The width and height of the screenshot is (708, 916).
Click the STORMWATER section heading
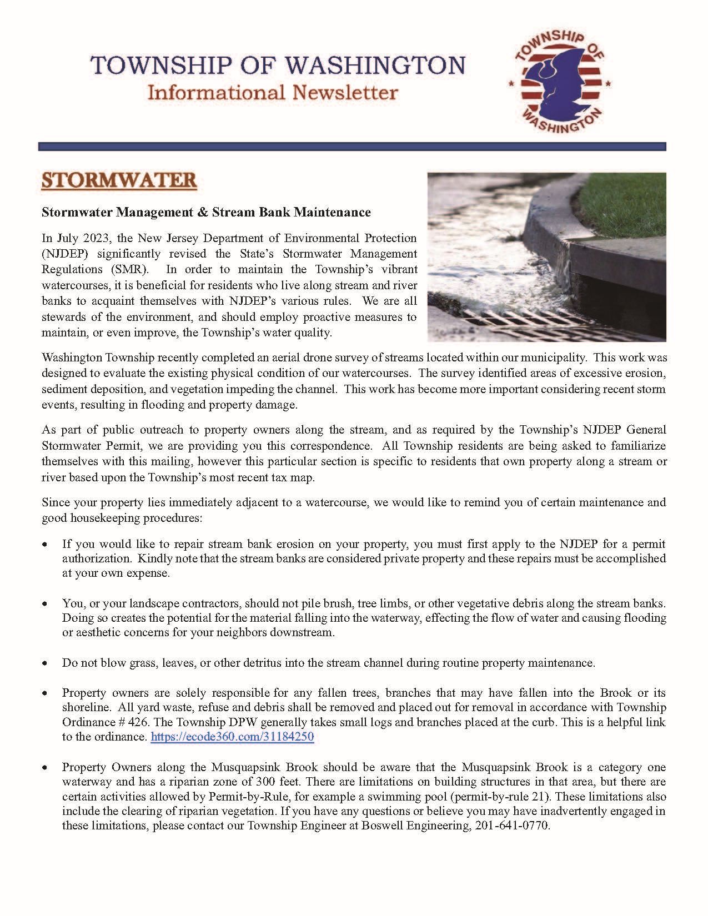tap(119, 181)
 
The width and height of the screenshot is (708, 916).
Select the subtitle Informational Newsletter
tap(272, 92)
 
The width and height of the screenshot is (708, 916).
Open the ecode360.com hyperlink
tap(232, 737)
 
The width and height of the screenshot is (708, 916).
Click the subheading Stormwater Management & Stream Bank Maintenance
tap(206, 212)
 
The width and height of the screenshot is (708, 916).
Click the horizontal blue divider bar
tap(352, 147)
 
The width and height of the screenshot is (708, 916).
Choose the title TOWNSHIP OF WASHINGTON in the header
tap(278, 66)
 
